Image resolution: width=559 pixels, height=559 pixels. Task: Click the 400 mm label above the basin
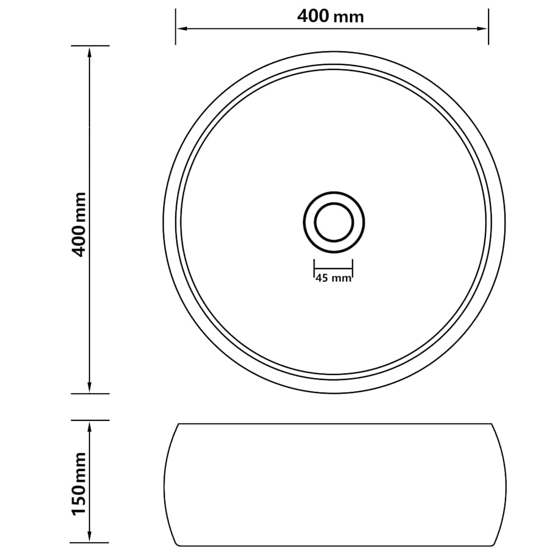(x=330, y=16)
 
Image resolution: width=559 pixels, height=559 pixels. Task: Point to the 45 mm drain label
(x=333, y=278)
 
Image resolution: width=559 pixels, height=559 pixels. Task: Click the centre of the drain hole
(x=334, y=221)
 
